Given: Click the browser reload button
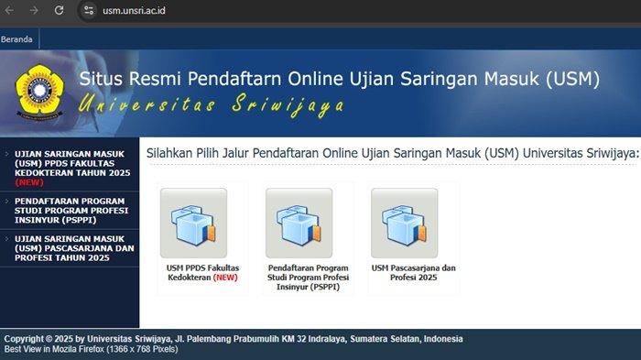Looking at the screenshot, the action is (59, 10).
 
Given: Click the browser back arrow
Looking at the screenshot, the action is (9, 10).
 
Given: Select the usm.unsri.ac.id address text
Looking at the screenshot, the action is (134, 11).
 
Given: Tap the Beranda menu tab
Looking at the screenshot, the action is (16, 39).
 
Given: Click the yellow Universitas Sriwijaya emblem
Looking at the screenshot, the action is (39, 92).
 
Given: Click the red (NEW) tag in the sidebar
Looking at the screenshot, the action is (29, 182).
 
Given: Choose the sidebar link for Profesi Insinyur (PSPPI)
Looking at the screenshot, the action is (71, 211).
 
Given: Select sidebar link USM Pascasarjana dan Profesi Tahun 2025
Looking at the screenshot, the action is (74, 248).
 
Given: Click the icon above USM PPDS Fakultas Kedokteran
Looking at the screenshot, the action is (193, 223).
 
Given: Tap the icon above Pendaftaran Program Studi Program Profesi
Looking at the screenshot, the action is (299, 223).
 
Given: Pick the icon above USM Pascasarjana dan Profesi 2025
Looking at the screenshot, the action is (405, 223).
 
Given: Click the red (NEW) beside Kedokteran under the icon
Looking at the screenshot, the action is (225, 278).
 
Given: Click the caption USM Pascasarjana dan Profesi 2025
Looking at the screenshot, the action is (413, 273).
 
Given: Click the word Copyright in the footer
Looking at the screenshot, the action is (24, 339).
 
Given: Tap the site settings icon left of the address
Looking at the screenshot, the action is (88, 10).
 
